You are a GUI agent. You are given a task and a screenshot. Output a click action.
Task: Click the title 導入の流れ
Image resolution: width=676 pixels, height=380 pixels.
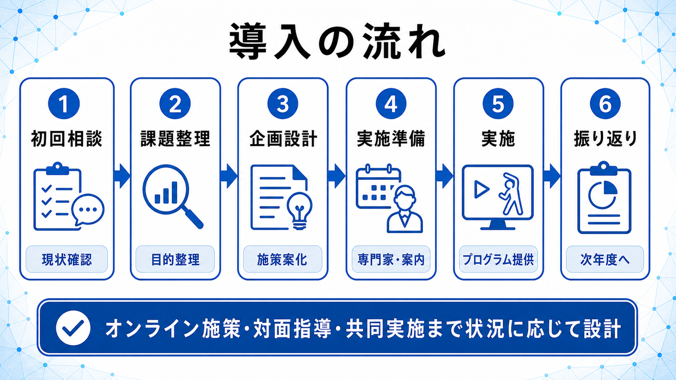tap(337, 42)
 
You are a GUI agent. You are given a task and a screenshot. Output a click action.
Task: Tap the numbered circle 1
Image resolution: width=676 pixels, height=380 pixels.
tap(64, 104)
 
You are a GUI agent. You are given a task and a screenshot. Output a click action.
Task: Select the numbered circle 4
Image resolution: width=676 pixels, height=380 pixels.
tap(391, 104)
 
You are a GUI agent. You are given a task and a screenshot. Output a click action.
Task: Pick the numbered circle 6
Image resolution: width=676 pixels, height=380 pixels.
tap(605, 104)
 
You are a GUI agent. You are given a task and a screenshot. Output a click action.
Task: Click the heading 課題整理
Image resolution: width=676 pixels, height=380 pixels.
tap(175, 139)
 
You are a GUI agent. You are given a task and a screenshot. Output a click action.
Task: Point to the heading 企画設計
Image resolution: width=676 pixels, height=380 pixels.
tap(283, 139)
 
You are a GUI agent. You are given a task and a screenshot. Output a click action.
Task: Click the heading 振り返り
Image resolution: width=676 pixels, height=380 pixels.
tap(605, 139)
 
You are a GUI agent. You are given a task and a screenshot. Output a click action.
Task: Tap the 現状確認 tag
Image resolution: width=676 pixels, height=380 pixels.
tap(67, 259)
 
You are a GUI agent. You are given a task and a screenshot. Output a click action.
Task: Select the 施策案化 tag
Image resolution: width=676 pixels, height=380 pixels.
tap(282, 259)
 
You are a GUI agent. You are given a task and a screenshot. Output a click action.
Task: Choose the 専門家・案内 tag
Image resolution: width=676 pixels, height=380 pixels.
tap(391, 259)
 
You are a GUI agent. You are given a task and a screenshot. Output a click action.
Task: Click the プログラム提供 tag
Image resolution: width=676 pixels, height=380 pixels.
tap(498, 259)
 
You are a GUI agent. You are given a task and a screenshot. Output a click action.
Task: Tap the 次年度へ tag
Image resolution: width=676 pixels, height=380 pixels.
tap(605, 259)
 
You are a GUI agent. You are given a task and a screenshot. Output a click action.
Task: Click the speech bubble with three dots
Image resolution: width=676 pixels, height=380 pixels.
tap(87, 209)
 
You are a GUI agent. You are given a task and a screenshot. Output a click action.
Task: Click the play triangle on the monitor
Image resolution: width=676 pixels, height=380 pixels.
tap(481, 189)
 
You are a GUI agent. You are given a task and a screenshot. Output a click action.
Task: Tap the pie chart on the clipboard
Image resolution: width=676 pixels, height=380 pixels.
tap(602, 195)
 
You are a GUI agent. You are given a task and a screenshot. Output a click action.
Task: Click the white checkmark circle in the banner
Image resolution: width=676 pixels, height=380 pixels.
tap(73, 328)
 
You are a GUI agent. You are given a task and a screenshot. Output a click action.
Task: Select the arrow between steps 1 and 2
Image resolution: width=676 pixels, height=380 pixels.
tap(122, 176)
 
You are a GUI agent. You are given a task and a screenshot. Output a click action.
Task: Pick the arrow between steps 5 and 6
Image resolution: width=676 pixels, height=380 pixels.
tap(552, 176)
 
